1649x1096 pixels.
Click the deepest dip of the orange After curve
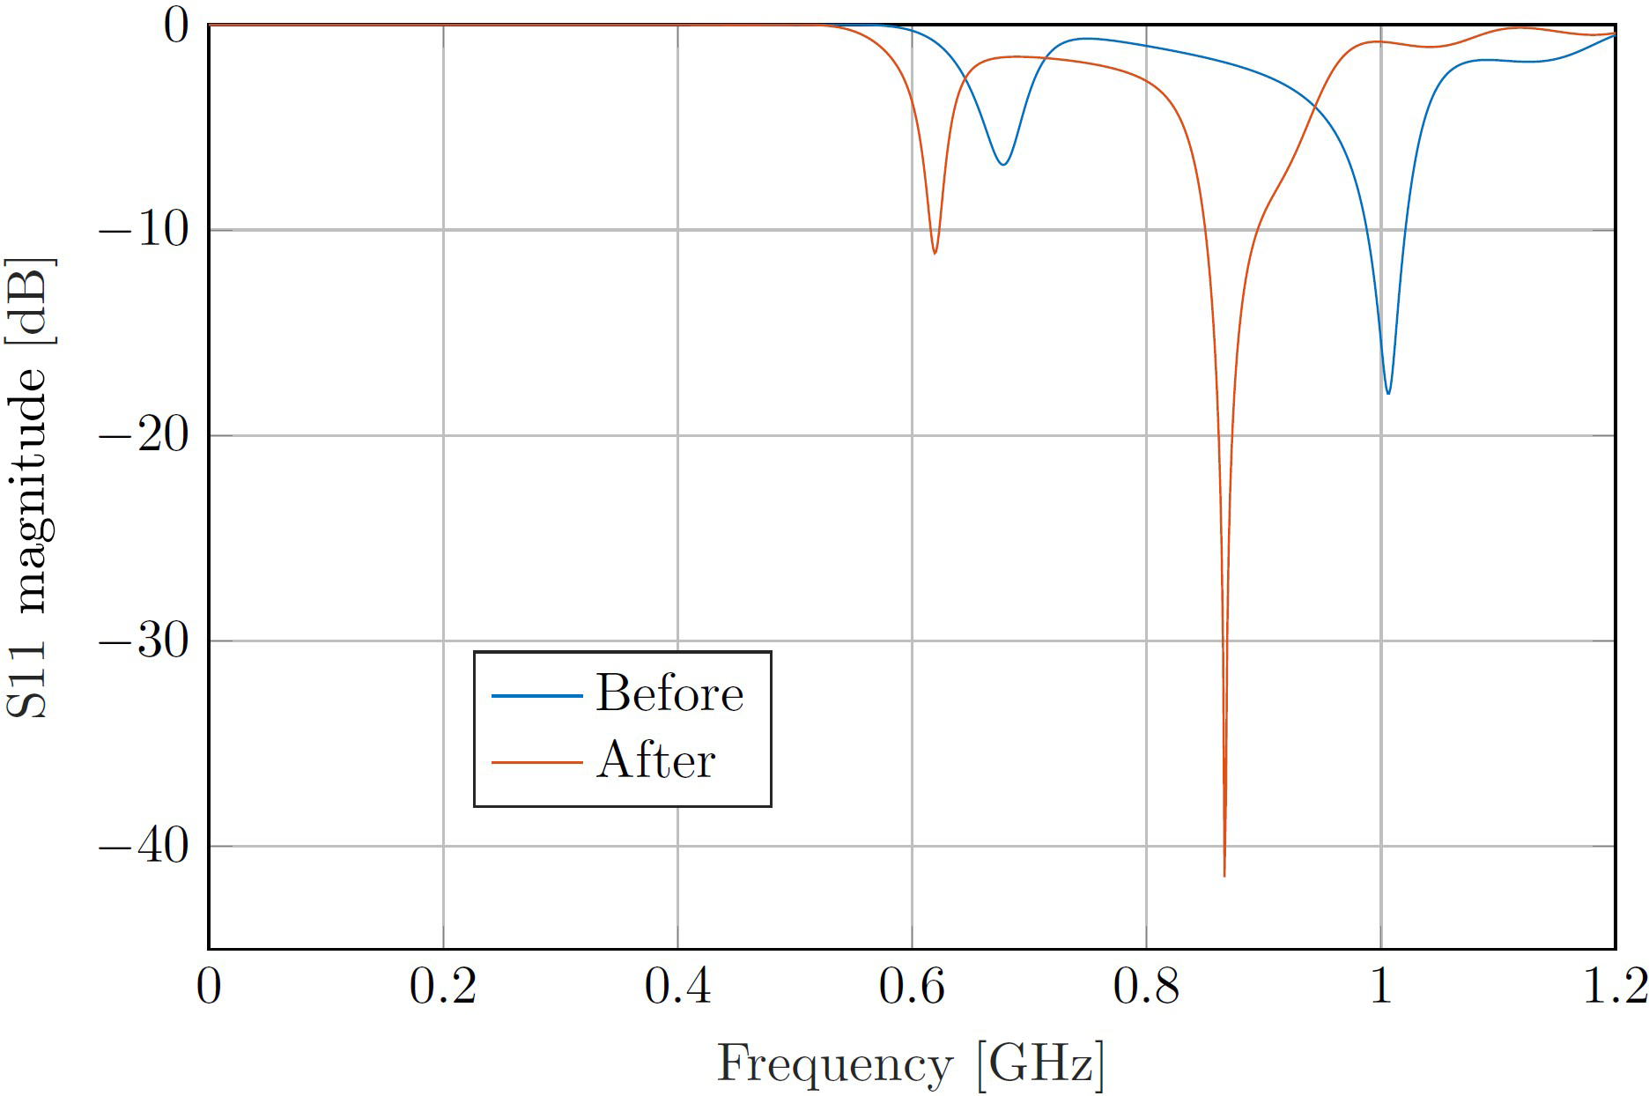(x=1224, y=874)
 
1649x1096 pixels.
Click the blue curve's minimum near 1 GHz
(x=1388, y=392)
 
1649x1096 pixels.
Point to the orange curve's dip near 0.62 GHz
(x=935, y=253)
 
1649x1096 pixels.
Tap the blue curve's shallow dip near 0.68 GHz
(x=1002, y=164)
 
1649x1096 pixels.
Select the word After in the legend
(x=655, y=759)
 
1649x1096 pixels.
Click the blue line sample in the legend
(x=536, y=696)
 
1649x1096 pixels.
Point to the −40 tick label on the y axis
(x=144, y=847)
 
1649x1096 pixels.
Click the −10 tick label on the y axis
(x=144, y=230)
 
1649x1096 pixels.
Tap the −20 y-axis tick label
(x=144, y=435)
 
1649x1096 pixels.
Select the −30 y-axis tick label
(x=144, y=641)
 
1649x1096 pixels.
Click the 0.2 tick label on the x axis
(x=442, y=987)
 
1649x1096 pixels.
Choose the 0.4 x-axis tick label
(x=677, y=987)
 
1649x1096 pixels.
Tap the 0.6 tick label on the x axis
(x=912, y=987)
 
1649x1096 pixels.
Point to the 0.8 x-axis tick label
(x=1146, y=987)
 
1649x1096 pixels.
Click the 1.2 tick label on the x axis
(x=1614, y=987)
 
